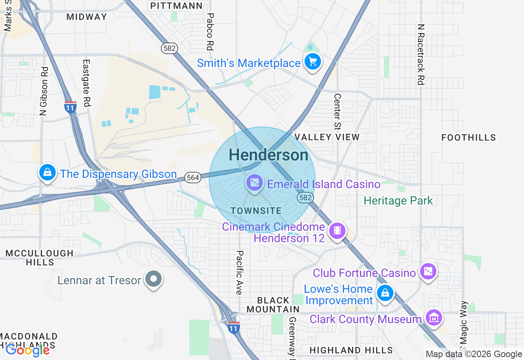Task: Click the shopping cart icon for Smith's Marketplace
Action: click(x=313, y=62)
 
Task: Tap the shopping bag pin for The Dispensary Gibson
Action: click(x=48, y=173)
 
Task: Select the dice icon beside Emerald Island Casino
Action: click(x=254, y=182)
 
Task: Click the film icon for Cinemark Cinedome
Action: click(x=337, y=230)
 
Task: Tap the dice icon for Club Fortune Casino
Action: click(x=428, y=272)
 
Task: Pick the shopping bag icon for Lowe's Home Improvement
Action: click(x=385, y=293)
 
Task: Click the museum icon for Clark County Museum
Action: click(x=434, y=317)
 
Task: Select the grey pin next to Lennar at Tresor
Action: click(x=154, y=279)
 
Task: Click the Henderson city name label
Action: click(x=269, y=155)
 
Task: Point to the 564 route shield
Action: click(x=192, y=177)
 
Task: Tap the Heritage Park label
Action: click(x=398, y=201)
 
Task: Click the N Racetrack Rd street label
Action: click(x=420, y=54)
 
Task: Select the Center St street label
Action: click(x=337, y=111)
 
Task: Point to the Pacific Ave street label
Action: click(x=240, y=272)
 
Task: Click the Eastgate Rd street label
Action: click(x=86, y=83)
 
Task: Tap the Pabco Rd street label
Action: click(x=210, y=32)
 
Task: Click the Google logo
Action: click(x=27, y=350)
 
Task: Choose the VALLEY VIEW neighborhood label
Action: click(x=327, y=137)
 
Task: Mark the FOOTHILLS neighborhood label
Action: click(x=468, y=137)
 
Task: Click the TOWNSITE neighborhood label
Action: click(x=256, y=211)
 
